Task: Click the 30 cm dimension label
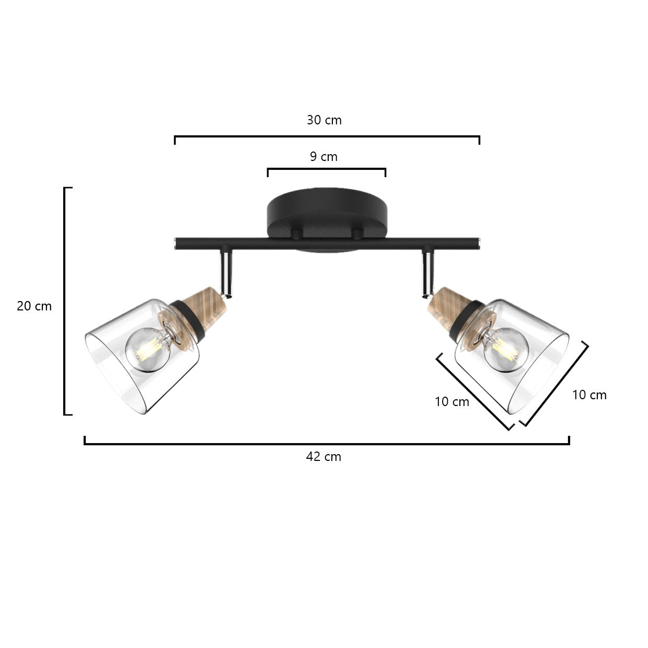pyautogui.click(x=324, y=120)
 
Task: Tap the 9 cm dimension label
pyautogui.click(x=323, y=157)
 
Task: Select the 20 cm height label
pyautogui.click(x=34, y=306)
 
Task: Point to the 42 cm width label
pyautogui.click(x=323, y=457)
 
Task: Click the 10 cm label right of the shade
pyautogui.click(x=589, y=395)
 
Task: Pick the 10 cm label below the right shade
pyautogui.click(x=452, y=401)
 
